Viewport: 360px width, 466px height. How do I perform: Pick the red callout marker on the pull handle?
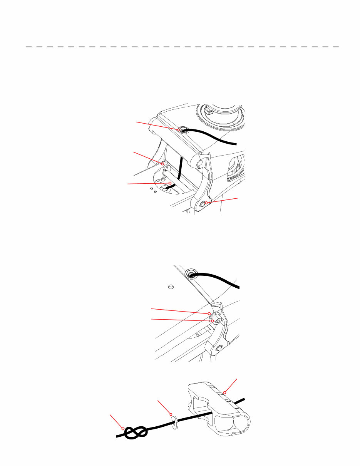pyautogui.click(x=224, y=393)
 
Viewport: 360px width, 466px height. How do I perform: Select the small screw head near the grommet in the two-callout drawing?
pyautogui.click(x=172, y=287)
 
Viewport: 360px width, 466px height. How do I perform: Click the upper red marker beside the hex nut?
pyautogui.click(x=209, y=313)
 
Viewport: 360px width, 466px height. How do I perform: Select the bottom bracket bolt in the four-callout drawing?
pyautogui.click(x=203, y=205)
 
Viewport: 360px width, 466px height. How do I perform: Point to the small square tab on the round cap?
pyautogui.click(x=209, y=112)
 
